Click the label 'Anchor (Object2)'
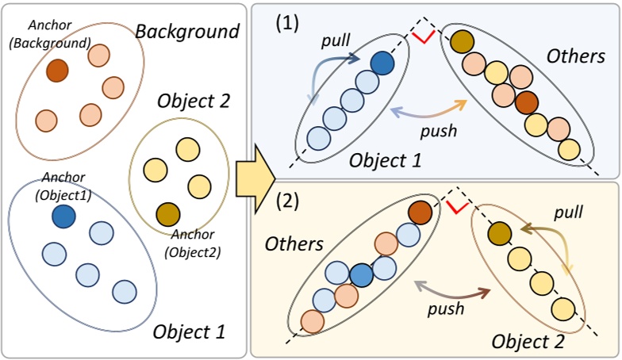pyautogui.click(x=192, y=247)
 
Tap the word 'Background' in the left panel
pyautogui.click(x=187, y=31)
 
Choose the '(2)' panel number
pyautogui.click(x=286, y=199)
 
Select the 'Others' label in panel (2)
pyautogui.click(x=294, y=243)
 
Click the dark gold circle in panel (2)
pyautogui.click(x=497, y=232)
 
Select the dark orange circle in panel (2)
pyautogui.click(x=421, y=213)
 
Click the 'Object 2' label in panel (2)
pyautogui.click(x=528, y=342)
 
